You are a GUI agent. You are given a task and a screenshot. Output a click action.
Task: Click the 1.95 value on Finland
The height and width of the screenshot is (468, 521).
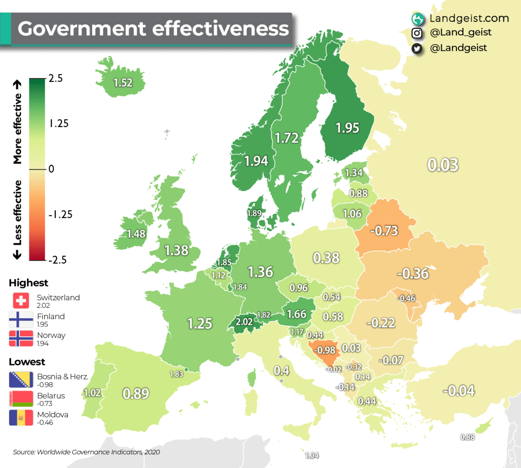348,128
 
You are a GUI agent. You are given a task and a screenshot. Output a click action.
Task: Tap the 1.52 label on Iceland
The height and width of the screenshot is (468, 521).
123,83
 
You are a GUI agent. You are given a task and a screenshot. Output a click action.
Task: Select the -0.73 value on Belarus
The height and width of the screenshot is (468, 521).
383,231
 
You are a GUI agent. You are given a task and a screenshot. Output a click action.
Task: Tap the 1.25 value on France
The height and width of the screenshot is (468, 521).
199,323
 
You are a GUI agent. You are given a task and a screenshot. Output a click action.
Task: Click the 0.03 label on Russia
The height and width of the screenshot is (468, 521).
443,165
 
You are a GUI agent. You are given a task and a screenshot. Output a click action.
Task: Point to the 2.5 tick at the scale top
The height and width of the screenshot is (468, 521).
56,79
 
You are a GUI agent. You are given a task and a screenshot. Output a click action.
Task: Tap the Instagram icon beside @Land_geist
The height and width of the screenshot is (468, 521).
417,33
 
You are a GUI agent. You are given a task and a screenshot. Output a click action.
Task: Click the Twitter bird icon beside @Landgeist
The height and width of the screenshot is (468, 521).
417,48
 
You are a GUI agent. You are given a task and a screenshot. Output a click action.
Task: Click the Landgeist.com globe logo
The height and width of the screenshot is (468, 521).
418,19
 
